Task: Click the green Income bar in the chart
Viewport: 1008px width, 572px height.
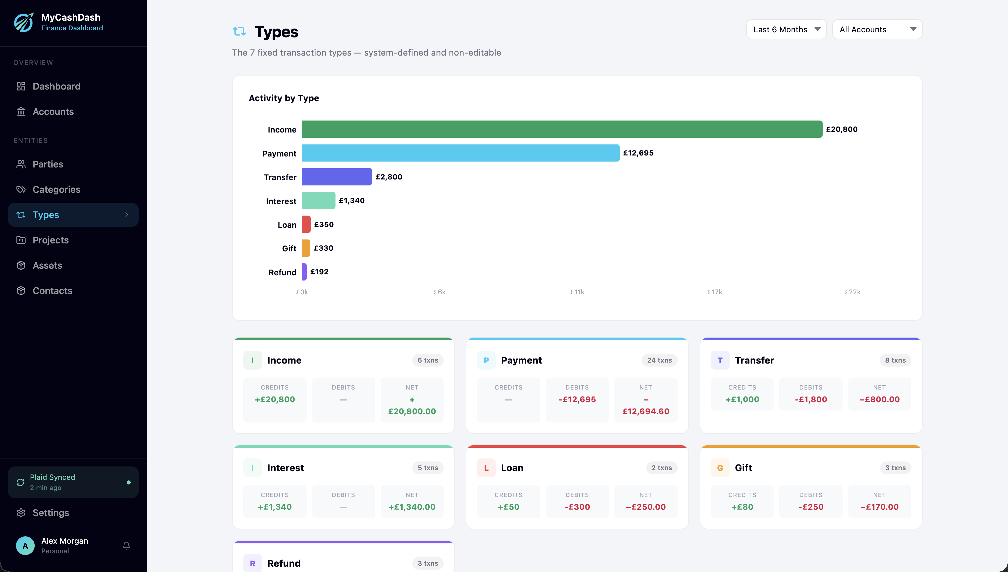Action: (x=562, y=129)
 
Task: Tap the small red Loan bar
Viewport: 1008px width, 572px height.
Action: (x=306, y=224)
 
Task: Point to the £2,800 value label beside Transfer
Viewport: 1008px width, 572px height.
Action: (x=389, y=177)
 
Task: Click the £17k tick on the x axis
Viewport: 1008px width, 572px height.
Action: (x=714, y=292)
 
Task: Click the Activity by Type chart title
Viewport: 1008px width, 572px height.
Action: (x=284, y=98)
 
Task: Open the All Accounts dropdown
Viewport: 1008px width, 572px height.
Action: (x=877, y=29)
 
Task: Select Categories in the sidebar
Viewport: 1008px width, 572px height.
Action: (x=56, y=189)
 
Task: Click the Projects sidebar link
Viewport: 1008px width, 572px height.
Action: (x=50, y=240)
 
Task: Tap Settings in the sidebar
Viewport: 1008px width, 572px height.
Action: (x=51, y=513)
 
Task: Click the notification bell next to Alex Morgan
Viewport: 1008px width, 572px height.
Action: (x=126, y=546)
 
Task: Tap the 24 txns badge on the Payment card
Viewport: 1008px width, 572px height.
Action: (x=659, y=360)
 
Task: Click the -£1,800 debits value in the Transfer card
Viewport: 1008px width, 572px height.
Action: (x=811, y=399)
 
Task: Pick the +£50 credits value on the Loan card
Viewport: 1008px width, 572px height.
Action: (x=508, y=507)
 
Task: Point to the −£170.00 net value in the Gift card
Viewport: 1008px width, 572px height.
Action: (x=879, y=507)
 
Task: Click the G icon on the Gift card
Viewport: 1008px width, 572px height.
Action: (x=720, y=468)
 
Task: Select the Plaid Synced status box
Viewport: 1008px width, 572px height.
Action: (x=73, y=482)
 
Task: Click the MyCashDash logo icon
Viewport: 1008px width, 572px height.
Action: (x=24, y=22)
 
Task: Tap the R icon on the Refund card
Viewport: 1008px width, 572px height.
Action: (x=252, y=563)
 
